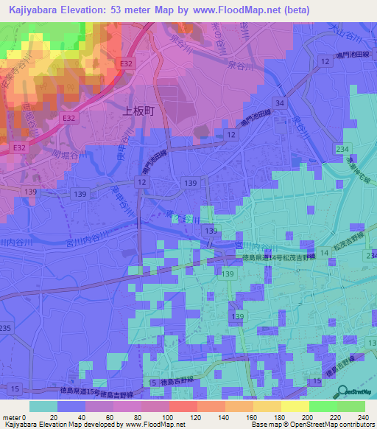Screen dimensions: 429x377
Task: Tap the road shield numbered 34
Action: click(278, 102)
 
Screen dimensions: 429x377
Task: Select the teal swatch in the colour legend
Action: click(43, 406)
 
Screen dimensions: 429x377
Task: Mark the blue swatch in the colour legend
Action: click(71, 406)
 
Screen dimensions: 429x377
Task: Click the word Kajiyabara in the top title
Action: click(33, 10)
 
